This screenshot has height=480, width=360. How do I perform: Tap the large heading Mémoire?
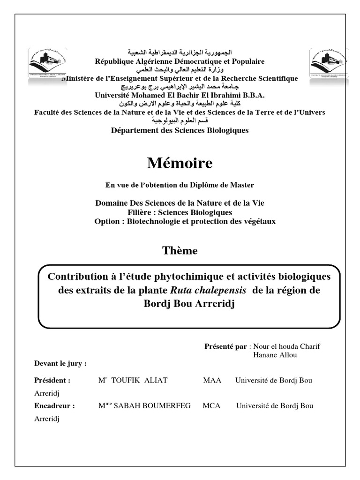(x=180, y=163)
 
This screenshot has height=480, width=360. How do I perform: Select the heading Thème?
(x=180, y=250)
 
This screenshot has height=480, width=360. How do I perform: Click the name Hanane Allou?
(x=275, y=355)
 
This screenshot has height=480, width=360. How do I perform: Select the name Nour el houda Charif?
(x=286, y=346)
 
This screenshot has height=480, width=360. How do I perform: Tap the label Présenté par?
(x=225, y=346)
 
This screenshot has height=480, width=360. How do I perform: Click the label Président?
(x=52, y=380)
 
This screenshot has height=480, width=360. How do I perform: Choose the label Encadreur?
(x=54, y=405)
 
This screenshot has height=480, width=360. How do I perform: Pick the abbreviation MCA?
(x=211, y=405)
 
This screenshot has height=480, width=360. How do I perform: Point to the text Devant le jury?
(x=60, y=363)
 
